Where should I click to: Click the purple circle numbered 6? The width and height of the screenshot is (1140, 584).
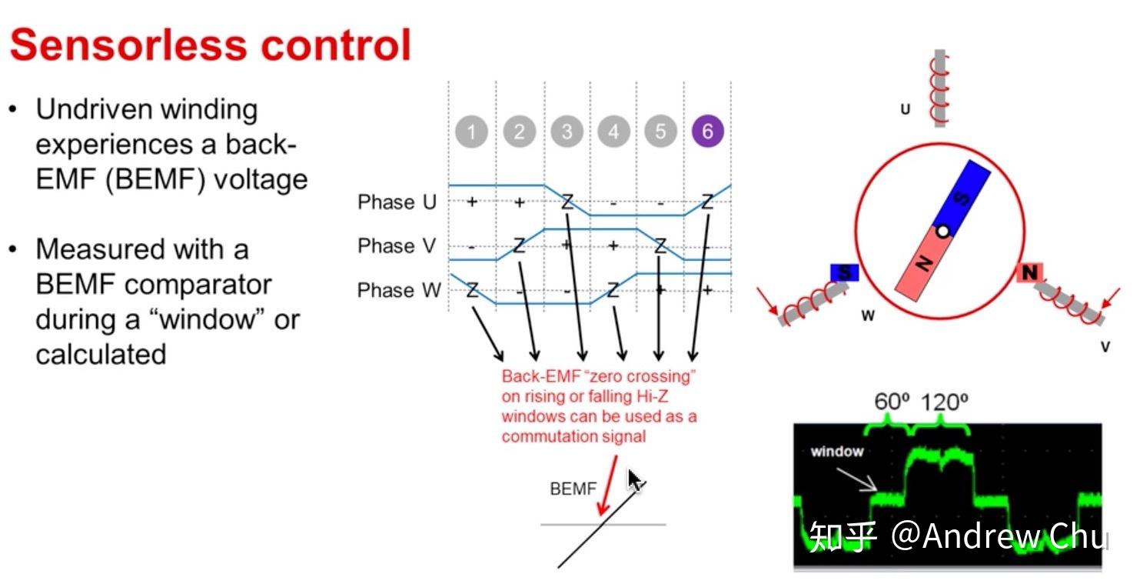707,132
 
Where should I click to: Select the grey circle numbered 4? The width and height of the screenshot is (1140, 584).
613,132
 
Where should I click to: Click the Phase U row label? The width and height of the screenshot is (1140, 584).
397,202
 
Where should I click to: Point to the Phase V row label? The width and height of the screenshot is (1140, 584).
397,246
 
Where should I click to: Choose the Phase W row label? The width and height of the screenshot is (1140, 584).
399,290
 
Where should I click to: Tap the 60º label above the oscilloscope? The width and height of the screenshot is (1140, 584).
891,402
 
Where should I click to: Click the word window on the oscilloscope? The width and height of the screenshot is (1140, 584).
836,452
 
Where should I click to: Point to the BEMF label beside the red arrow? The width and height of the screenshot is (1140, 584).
573,489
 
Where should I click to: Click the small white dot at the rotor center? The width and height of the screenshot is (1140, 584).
942,231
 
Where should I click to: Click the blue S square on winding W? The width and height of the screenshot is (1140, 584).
844,273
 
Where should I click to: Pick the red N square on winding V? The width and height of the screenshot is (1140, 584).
1030,272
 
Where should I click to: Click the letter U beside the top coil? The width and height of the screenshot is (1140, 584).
905,109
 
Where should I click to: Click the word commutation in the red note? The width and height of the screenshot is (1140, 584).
544,436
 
